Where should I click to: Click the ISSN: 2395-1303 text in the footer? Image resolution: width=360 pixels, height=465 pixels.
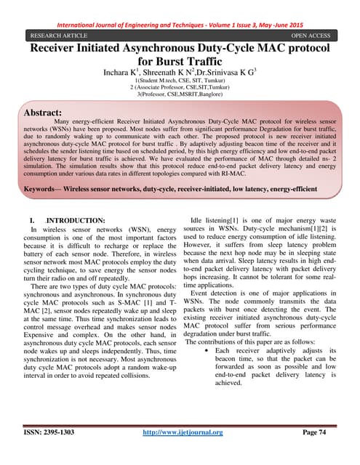[x=49, y=453]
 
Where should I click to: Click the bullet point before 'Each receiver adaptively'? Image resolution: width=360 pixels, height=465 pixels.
[x=209, y=350]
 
